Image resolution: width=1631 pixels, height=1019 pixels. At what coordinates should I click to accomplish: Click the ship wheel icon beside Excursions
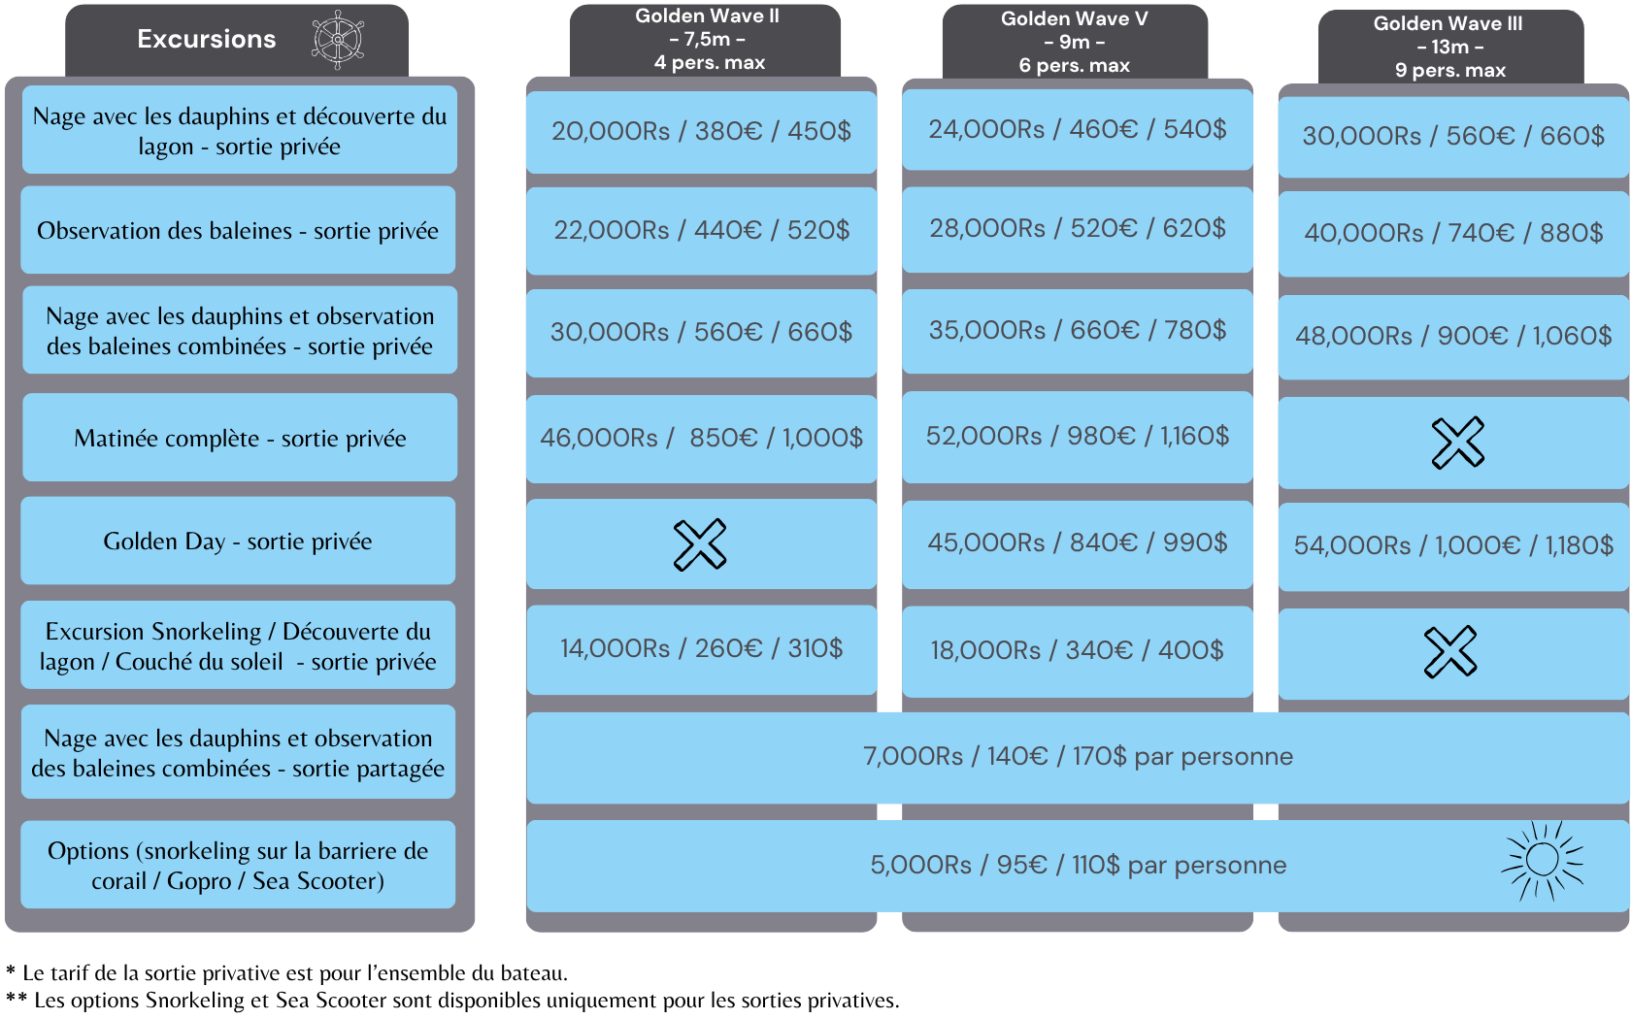[338, 40]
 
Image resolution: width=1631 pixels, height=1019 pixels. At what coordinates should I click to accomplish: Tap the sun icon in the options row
[1542, 860]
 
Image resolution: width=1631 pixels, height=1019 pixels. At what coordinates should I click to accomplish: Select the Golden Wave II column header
[707, 39]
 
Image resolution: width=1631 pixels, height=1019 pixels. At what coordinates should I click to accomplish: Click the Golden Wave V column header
[1075, 43]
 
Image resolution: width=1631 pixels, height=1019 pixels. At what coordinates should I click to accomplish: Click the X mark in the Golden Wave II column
[700, 544]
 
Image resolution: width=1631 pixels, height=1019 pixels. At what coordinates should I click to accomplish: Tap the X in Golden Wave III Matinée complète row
[1458, 443]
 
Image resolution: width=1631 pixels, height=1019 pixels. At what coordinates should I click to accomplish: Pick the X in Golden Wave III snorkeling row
[1450, 651]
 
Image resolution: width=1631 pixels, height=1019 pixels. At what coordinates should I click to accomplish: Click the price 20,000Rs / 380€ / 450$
[701, 131]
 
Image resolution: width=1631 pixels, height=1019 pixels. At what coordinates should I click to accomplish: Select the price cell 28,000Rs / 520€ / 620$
[1078, 229]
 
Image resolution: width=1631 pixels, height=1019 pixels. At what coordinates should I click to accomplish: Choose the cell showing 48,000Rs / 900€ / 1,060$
[1453, 336]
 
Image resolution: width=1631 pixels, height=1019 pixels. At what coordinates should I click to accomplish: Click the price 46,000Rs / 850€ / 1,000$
[701, 439]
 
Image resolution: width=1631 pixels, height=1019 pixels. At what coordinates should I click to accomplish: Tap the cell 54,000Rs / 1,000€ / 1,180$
[1453, 545]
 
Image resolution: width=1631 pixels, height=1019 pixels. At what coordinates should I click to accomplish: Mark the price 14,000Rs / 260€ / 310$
[701, 648]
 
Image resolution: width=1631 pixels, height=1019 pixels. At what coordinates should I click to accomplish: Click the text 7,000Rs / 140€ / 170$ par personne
[1078, 757]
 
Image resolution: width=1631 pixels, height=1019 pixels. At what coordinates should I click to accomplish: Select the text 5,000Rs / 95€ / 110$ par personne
[1078, 865]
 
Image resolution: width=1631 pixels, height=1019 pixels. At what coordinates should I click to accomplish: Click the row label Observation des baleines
[238, 231]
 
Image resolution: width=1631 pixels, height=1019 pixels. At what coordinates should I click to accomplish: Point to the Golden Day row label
[238, 542]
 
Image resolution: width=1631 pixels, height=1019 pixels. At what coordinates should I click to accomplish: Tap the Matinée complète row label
[240, 439]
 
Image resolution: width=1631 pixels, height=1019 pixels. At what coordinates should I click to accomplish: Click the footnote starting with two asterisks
[452, 1000]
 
